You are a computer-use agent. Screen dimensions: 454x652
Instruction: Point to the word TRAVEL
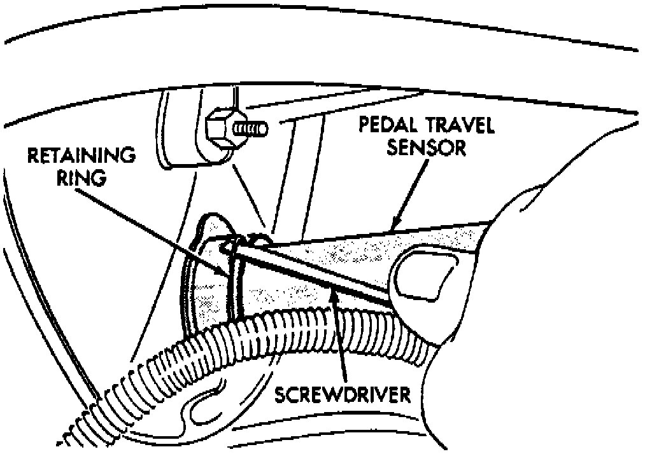458,126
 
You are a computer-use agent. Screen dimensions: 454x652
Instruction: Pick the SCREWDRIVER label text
341,395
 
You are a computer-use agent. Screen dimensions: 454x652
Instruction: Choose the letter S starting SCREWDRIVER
281,395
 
